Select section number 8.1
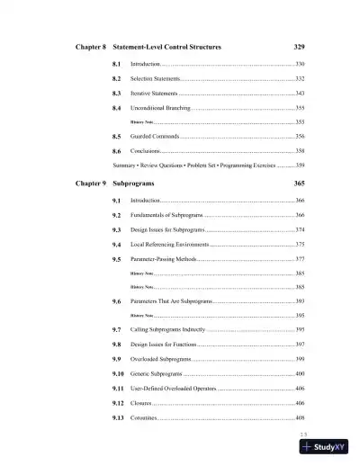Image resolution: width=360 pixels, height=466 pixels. [117, 65]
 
